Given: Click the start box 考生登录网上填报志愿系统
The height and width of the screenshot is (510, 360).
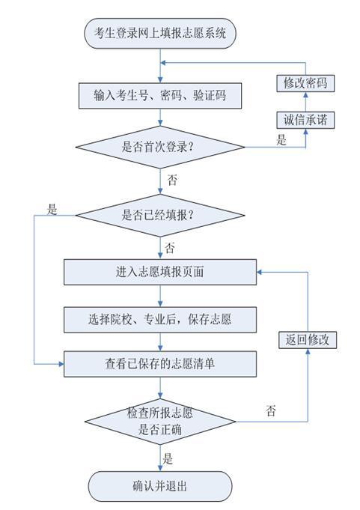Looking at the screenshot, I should (160, 34).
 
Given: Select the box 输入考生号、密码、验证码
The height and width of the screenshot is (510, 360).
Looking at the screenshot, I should (160, 95).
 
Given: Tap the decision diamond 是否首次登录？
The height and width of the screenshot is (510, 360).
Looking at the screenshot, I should (160, 146).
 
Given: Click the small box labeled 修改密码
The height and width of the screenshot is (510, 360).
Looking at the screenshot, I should (305, 83).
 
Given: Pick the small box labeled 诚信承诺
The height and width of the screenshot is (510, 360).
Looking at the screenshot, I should (305, 120).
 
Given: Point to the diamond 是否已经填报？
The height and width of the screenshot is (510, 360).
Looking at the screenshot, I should (160, 215).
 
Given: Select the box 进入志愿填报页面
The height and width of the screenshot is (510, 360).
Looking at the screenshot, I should (160, 273).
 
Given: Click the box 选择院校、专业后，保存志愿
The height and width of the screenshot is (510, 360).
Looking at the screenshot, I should (160, 319).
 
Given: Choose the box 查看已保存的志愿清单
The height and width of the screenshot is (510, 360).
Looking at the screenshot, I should (160, 364).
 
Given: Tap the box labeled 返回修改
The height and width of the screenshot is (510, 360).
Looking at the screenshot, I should (307, 340).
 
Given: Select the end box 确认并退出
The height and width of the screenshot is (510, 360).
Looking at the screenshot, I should (160, 486).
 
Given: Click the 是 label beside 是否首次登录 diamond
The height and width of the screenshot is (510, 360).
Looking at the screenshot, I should (281, 140).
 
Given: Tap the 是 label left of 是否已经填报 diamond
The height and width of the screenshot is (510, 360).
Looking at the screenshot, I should (52, 210).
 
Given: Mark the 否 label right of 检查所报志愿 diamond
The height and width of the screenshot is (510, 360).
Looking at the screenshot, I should (271, 410).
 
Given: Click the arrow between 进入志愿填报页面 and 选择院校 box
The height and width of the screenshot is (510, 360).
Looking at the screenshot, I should (160, 296).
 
